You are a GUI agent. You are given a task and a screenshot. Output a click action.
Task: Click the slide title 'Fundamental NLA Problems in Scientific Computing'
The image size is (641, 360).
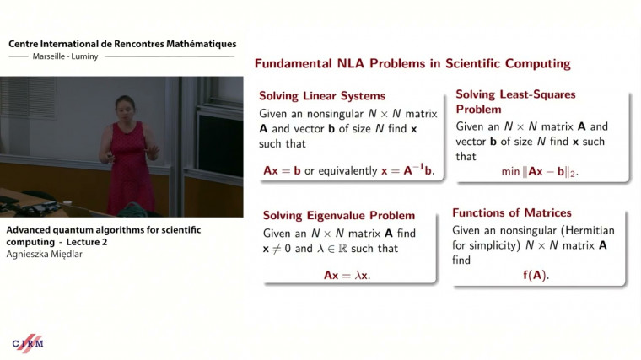coord(412,64)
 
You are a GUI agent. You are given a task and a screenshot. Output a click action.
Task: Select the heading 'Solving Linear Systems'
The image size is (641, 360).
coord(321,96)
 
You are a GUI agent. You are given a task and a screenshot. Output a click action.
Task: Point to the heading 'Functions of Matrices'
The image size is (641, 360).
coord(512,212)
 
